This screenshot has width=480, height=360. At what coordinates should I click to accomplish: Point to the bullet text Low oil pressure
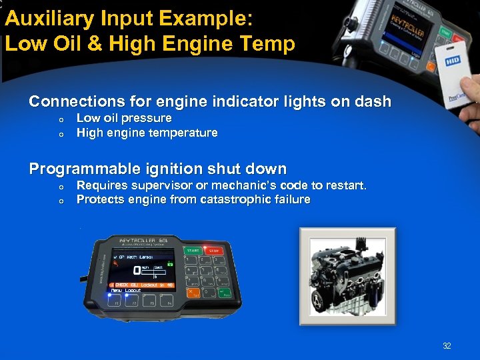(x=124, y=118)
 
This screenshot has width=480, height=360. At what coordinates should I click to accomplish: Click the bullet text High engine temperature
(x=147, y=133)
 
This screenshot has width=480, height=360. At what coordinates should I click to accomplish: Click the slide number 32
(x=447, y=346)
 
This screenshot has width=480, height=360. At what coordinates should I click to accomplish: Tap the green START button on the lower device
(x=193, y=251)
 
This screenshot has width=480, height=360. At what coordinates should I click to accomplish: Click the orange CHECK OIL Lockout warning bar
(x=141, y=285)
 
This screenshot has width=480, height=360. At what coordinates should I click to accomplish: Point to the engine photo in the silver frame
(x=347, y=275)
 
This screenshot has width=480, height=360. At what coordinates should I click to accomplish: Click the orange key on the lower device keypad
(x=193, y=292)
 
